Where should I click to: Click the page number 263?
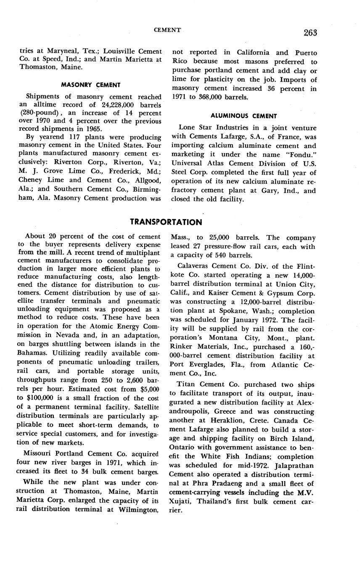(309, 33)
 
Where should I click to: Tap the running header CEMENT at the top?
(167, 30)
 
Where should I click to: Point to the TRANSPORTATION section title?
(166, 222)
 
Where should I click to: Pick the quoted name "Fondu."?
(302, 154)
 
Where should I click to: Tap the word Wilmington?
(137, 510)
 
